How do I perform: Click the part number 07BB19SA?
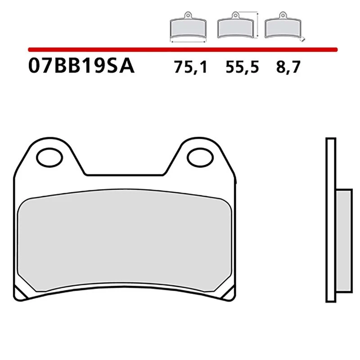pyautogui.click(x=81, y=66)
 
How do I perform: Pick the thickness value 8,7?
pyautogui.click(x=287, y=67)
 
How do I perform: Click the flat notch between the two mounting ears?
pyautogui.click(x=124, y=175)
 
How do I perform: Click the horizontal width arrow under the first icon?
pyautogui.click(x=188, y=41)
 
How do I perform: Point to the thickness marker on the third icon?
pyautogui.click(x=304, y=39)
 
